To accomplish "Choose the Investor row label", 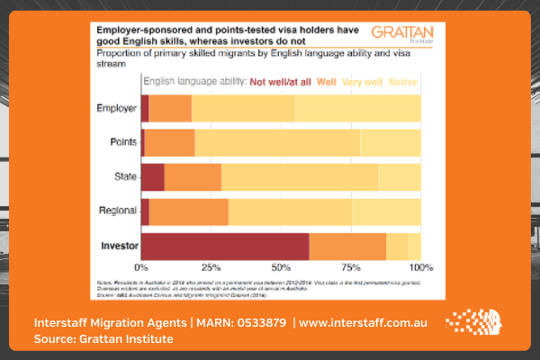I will [x=117, y=246].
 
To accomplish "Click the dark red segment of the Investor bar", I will [x=225, y=246].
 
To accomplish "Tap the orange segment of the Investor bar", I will [x=347, y=246].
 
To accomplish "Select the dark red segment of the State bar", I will [x=153, y=176].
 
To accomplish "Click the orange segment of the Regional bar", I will [x=188, y=211].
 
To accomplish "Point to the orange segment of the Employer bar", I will [x=170, y=109].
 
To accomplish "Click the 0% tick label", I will [x=141, y=268].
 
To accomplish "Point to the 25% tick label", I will [x=211, y=268].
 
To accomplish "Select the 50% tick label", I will [x=281, y=268].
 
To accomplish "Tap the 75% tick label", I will [x=350, y=268].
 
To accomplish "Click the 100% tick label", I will [x=419, y=268].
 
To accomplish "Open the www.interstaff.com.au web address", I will [x=364, y=321].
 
